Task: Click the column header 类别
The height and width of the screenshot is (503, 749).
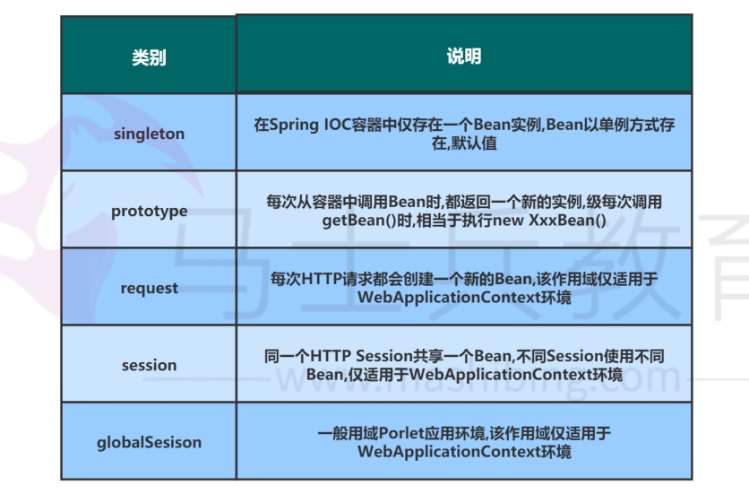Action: tap(149, 57)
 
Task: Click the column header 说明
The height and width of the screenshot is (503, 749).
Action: tap(464, 56)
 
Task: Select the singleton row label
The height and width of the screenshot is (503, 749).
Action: tap(149, 134)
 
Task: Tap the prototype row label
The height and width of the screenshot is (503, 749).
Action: tap(149, 211)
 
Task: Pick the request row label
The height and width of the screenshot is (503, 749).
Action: tap(149, 288)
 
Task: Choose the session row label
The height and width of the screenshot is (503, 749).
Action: tap(149, 365)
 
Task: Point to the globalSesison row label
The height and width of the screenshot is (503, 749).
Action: tap(149, 442)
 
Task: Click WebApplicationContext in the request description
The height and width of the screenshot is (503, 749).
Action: tap(449, 298)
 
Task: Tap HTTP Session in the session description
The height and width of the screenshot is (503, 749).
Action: tap(361, 356)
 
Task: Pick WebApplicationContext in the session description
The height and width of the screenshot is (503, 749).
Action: tap(501, 375)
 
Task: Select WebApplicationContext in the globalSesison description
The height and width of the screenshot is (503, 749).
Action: tap(449, 452)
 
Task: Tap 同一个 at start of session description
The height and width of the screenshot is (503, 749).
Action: tap(287, 356)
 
